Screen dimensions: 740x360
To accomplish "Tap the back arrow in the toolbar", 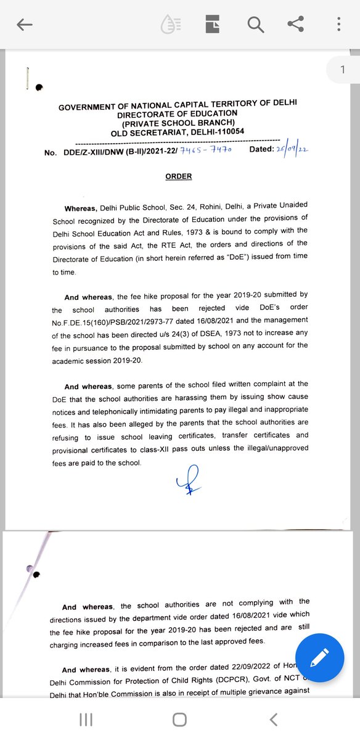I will coord(25,25).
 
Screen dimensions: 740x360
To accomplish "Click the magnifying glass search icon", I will coord(255,25).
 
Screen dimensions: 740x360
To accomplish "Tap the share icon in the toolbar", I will coord(296,25).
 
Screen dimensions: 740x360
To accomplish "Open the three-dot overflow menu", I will coord(338,25).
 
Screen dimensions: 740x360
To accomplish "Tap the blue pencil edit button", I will coord(319,658).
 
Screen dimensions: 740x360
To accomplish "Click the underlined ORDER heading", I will coord(179,176).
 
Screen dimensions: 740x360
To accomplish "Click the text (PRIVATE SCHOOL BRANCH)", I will coord(178,123).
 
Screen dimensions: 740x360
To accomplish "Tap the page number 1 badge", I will coord(343,70).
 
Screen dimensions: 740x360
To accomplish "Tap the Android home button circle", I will coord(179,720).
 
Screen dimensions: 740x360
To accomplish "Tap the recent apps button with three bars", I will coord(86,720).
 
